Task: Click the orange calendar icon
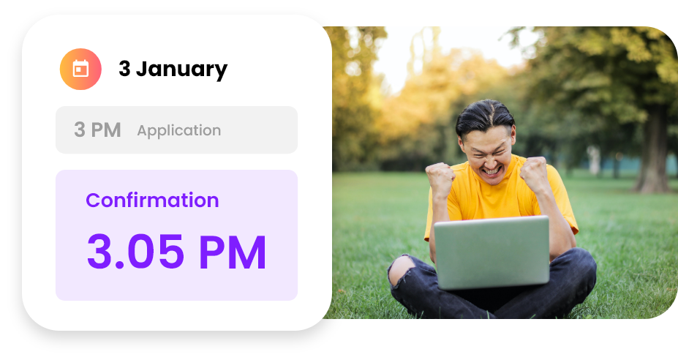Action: click(80, 70)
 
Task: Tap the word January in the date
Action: click(181, 70)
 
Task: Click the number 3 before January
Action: click(124, 68)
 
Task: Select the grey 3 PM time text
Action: click(97, 130)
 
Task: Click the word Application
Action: click(179, 131)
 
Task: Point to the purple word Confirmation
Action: click(152, 200)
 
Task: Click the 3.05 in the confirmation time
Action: click(135, 252)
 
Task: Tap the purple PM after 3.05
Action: click(233, 252)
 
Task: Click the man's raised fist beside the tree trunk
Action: click(534, 174)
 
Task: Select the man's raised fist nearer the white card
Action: click(440, 179)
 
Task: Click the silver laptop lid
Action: click(491, 252)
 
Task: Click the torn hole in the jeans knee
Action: click(401, 269)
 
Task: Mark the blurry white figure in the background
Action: click(595, 160)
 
